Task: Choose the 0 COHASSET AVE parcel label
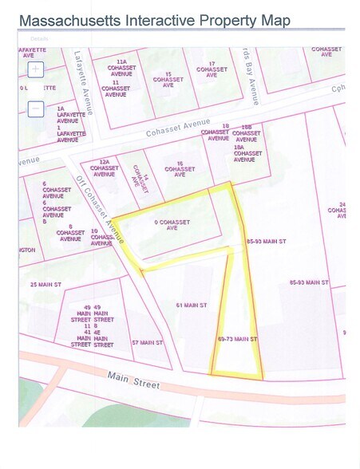coord(164,224)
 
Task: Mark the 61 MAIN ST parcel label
coord(192,305)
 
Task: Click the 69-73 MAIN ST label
coord(237,339)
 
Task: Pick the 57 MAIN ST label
coord(147,343)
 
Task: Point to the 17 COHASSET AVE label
coord(212,69)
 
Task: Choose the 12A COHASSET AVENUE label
coord(104,167)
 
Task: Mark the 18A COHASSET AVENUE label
coord(248,153)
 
